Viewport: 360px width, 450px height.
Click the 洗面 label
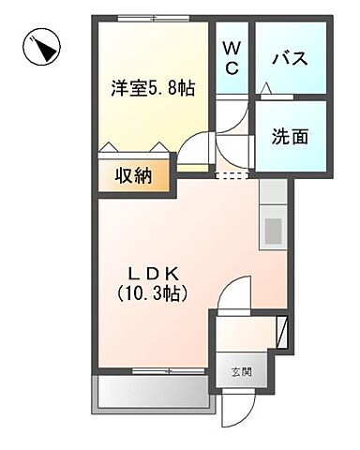click(x=290, y=135)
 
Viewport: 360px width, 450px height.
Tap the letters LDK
click(x=156, y=273)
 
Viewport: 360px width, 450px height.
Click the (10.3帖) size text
click(x=156, y=293)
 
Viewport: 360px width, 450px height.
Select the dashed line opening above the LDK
click(x=233, y=174)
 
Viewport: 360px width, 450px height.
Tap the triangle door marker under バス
click(x=266, y=88)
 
